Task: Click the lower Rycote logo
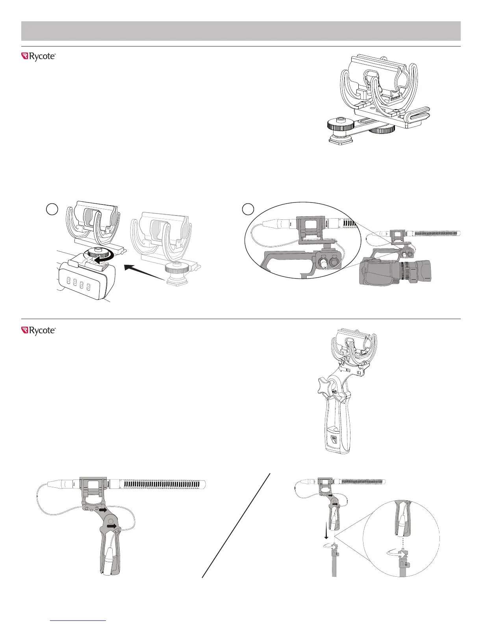[x=38, y=331]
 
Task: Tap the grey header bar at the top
[x=241, y=31]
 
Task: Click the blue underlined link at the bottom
[x=79, y=621]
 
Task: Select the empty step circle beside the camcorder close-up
[x=248, y=208]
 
